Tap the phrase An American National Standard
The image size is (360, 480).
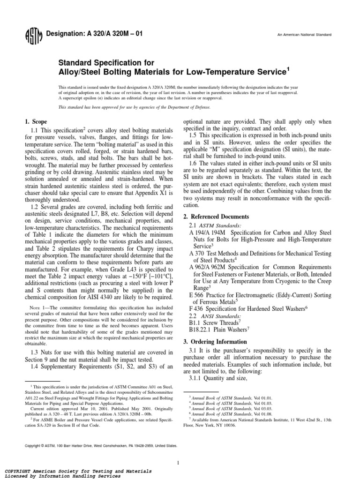tap(304, 35)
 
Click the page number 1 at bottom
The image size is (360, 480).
tap(179, 450)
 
